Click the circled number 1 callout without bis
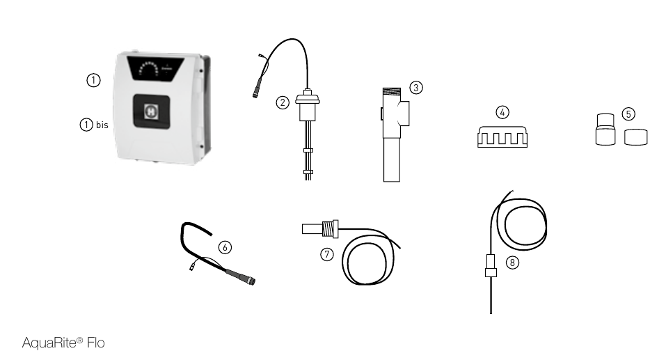pos(93,80)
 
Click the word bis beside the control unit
pos(102,125)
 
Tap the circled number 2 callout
pos(283,102)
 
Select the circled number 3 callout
pos(416,88)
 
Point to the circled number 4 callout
pos(502,112)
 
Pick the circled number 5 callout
pos(628,114)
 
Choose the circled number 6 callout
pos(225,247)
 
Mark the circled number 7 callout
pos(326,254)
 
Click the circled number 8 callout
pos(512,263)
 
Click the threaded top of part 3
pos(391,91)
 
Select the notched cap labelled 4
pos(502,137)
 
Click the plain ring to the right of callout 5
pos(636,137)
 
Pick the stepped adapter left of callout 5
pos(605,130)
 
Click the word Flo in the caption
pos(96,343)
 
